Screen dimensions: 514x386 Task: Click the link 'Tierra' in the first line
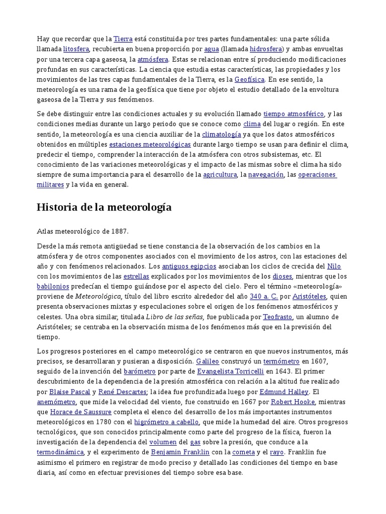123,39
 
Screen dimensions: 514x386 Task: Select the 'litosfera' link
76,49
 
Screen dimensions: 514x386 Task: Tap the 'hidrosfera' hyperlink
266,49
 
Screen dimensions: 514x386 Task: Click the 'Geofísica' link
249,79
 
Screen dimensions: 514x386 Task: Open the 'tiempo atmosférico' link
294,114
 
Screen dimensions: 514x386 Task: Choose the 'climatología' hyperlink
221,134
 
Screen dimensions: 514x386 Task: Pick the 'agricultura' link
220,174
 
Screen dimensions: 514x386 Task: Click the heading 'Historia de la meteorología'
104,207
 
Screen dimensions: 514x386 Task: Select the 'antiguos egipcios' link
184,266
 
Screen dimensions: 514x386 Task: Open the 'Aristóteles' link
310,296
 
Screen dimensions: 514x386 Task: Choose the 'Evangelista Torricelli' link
230,371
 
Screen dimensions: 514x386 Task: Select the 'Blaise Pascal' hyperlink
70,392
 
